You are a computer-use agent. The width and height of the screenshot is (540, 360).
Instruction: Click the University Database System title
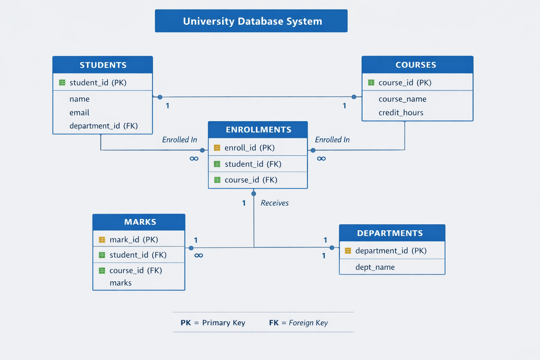(x=252, y=21)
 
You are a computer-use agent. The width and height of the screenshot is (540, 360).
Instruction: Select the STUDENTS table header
(x=103, y=65)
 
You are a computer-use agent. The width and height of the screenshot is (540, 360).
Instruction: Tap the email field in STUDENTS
(x=79, y=112)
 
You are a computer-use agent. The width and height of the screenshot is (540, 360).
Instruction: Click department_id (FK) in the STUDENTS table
(x=103, y=126)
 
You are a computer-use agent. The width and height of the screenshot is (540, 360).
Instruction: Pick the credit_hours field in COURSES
(x=401, y=112)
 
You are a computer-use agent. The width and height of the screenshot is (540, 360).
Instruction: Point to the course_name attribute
(x=402, y=99)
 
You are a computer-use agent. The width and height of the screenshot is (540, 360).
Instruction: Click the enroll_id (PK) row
(x=249, y=148)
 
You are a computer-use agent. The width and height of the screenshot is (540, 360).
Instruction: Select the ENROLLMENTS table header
(x=258, y=130)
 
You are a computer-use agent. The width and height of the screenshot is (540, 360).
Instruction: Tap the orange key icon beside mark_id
(x=102, y=240)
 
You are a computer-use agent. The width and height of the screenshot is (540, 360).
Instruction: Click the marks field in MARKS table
(x=120, y=283)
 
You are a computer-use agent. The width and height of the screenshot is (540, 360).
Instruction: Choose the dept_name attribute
(x=375, y=267)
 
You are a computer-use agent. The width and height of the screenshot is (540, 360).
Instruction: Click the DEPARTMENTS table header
(x=390, y=233)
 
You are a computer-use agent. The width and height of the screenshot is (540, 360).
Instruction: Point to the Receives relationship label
(x=275, y=203)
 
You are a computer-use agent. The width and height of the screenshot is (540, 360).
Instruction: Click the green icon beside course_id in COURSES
(x=371, y=83)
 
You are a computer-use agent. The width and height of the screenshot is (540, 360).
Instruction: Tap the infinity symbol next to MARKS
(x=199, y=256)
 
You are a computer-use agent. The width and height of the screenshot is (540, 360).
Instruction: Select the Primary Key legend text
(x=224, y=323)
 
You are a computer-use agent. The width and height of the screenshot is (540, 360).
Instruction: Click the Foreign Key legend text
(x=308, y=323)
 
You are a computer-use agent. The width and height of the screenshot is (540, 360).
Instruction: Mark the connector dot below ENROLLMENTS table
(x=253, y=194)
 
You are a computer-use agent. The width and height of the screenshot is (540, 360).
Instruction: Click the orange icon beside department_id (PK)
(x=348, y=251)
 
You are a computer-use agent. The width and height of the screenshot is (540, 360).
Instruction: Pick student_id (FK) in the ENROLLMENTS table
(x=253, y=164)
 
